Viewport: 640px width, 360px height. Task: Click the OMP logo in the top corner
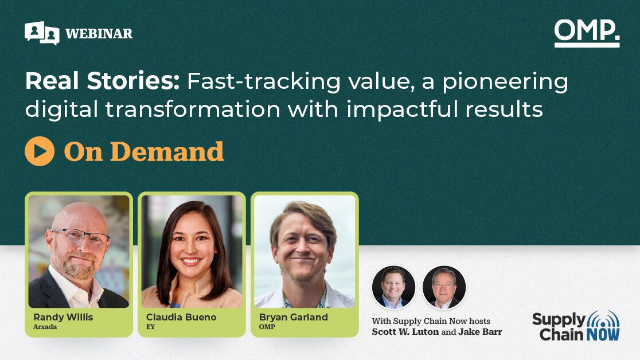tap(587, 33)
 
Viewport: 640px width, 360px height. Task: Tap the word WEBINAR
tap(99, 33)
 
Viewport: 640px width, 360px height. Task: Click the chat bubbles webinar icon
tap(42, 33)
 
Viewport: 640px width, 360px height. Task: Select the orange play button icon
tap(40, 151)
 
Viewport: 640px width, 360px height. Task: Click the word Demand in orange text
tap(167, 151)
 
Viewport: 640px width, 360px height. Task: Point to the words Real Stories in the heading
tap(103, 81)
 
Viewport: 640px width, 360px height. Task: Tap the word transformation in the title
tap(193, 109)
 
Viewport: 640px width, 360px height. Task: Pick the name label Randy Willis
tap(63, 317)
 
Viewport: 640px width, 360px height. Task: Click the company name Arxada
tap(45, 327)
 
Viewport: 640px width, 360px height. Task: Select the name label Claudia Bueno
tap(181, 317)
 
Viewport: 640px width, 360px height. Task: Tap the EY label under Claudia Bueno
tap(150, 327)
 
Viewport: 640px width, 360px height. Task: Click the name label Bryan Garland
tap(294, 317)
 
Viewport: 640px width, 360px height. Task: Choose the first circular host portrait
tap(393, 287)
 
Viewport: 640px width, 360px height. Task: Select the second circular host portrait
tap(444, 287)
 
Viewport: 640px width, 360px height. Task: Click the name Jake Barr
tap(480, 332)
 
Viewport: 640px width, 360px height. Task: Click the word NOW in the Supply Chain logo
tap(603, 335)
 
